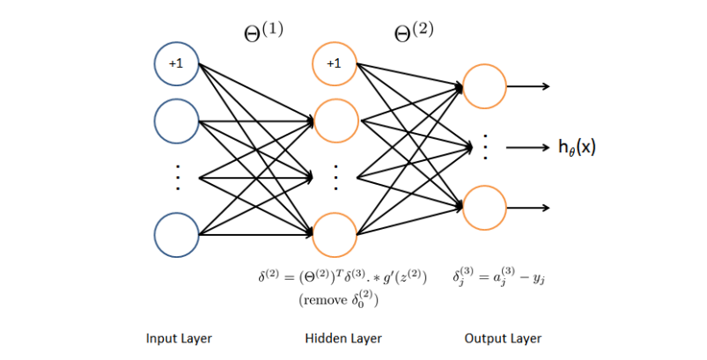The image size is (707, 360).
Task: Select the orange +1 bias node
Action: point(334,64)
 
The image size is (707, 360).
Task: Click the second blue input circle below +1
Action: point(176,121)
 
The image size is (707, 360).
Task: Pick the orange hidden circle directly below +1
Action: point(334,121)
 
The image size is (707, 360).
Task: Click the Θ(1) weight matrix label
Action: point(263,32)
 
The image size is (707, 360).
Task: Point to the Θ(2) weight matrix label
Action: point(414,32)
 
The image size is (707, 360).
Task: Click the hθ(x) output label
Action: point(578,147)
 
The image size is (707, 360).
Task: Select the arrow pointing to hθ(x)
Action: point(527,147)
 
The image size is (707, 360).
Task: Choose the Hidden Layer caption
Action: point(336,338)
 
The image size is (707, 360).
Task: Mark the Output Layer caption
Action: point(503,338)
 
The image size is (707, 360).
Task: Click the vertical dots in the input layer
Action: point(176,178)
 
